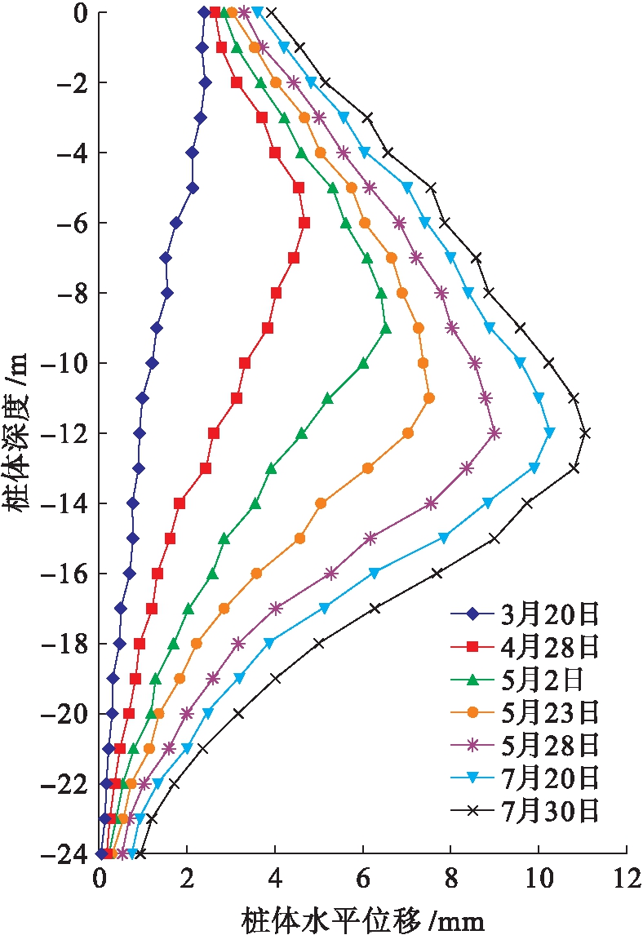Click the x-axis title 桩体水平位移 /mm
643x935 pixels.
[x=363, y=920]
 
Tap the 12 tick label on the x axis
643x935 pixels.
[x=626, y=884]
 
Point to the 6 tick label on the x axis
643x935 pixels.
[x=363, y=884]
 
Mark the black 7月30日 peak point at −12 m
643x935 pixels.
[x=584, y=433]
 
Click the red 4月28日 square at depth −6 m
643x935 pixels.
[x=304, y=223]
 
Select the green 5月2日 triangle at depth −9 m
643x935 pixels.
[x=386, y=328]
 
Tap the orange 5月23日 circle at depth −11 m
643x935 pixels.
[x=429, y=398]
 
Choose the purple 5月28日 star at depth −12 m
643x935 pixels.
[x=494, y=433]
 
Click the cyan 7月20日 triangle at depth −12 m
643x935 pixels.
[x=549, y=432]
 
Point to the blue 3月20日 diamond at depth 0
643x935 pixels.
[x=203, y=12]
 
